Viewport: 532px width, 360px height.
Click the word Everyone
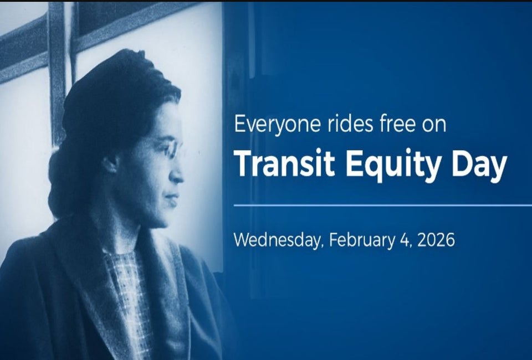tap(277, 125)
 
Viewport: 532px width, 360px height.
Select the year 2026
tap(436, 240)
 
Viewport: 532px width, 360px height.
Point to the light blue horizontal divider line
tap(383, 205)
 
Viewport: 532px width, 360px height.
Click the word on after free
tap(434, 125)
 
